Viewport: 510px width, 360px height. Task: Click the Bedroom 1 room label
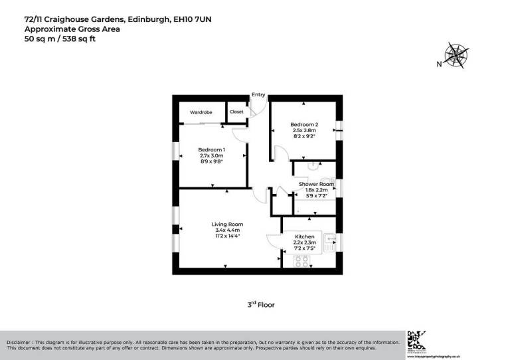coord(212,149)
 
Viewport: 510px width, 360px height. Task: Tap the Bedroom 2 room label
coord(304,125)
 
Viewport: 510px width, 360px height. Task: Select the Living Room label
coord(227,224)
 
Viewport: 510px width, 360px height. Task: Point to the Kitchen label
coord(304,236)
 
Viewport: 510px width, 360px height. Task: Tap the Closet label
coord(236,112)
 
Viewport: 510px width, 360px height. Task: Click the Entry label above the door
coord(258,95)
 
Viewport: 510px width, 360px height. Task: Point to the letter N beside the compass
coord(438,64)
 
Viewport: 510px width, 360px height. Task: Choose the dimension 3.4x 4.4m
coord(227,230)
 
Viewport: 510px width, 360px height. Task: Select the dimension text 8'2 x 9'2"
coord(304,136)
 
